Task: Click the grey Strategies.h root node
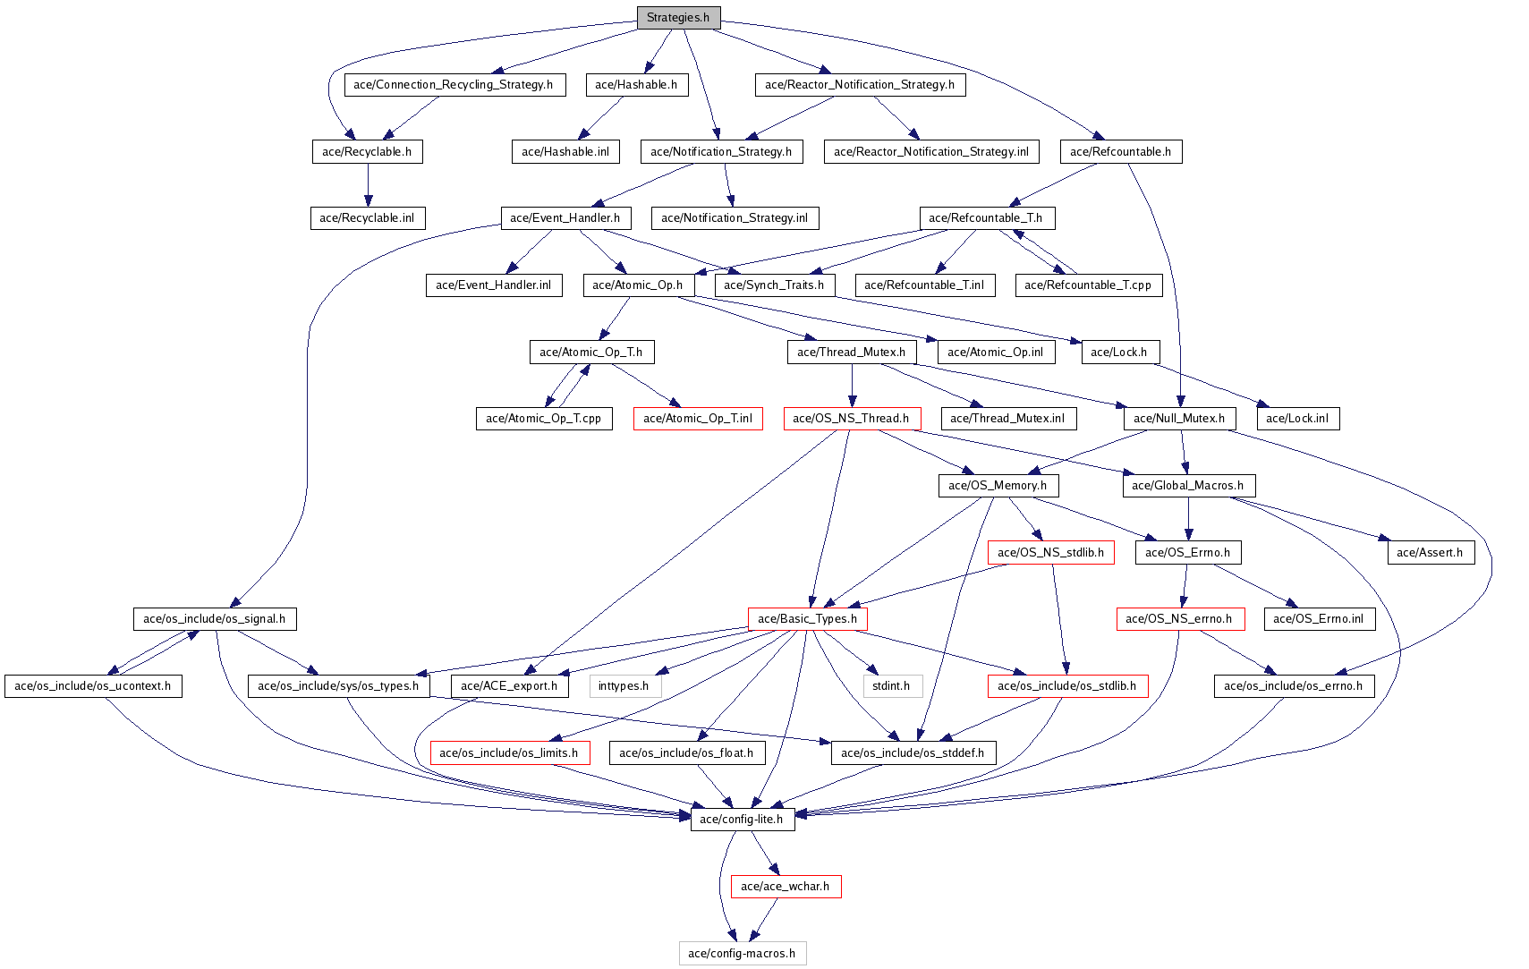click(x=678, y=18)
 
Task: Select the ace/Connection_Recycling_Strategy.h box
click(x=454, y=85)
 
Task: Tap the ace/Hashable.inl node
click(x=565, y=152)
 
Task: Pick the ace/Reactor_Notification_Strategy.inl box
click(x=930, y=152)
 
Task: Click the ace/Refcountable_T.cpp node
click(x=1088, y=285)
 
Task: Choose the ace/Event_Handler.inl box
click(x=493, y=285)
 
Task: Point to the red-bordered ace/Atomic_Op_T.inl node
click(x=698, y=419)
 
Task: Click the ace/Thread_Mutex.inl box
click(x=1007, y=419)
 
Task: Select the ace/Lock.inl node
click(x=1297, y=419)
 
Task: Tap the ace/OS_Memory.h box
click(x=998, y=486)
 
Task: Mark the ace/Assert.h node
click(x=1430, y=553)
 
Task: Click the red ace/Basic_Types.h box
click(x=807, y=619)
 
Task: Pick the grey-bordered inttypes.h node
click(x=624, y=686)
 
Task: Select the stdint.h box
click(x=891, y=686)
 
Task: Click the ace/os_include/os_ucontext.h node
click(x=93, y=686)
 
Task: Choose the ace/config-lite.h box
click(x=742, y=820)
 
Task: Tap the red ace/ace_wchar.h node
click(x=786, y=887)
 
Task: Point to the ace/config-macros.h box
click(x=742, y=954)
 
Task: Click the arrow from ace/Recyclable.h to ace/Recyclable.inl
click(x=367, y=185)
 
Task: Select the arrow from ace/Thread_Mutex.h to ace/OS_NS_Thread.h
click(x=852, y=385)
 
